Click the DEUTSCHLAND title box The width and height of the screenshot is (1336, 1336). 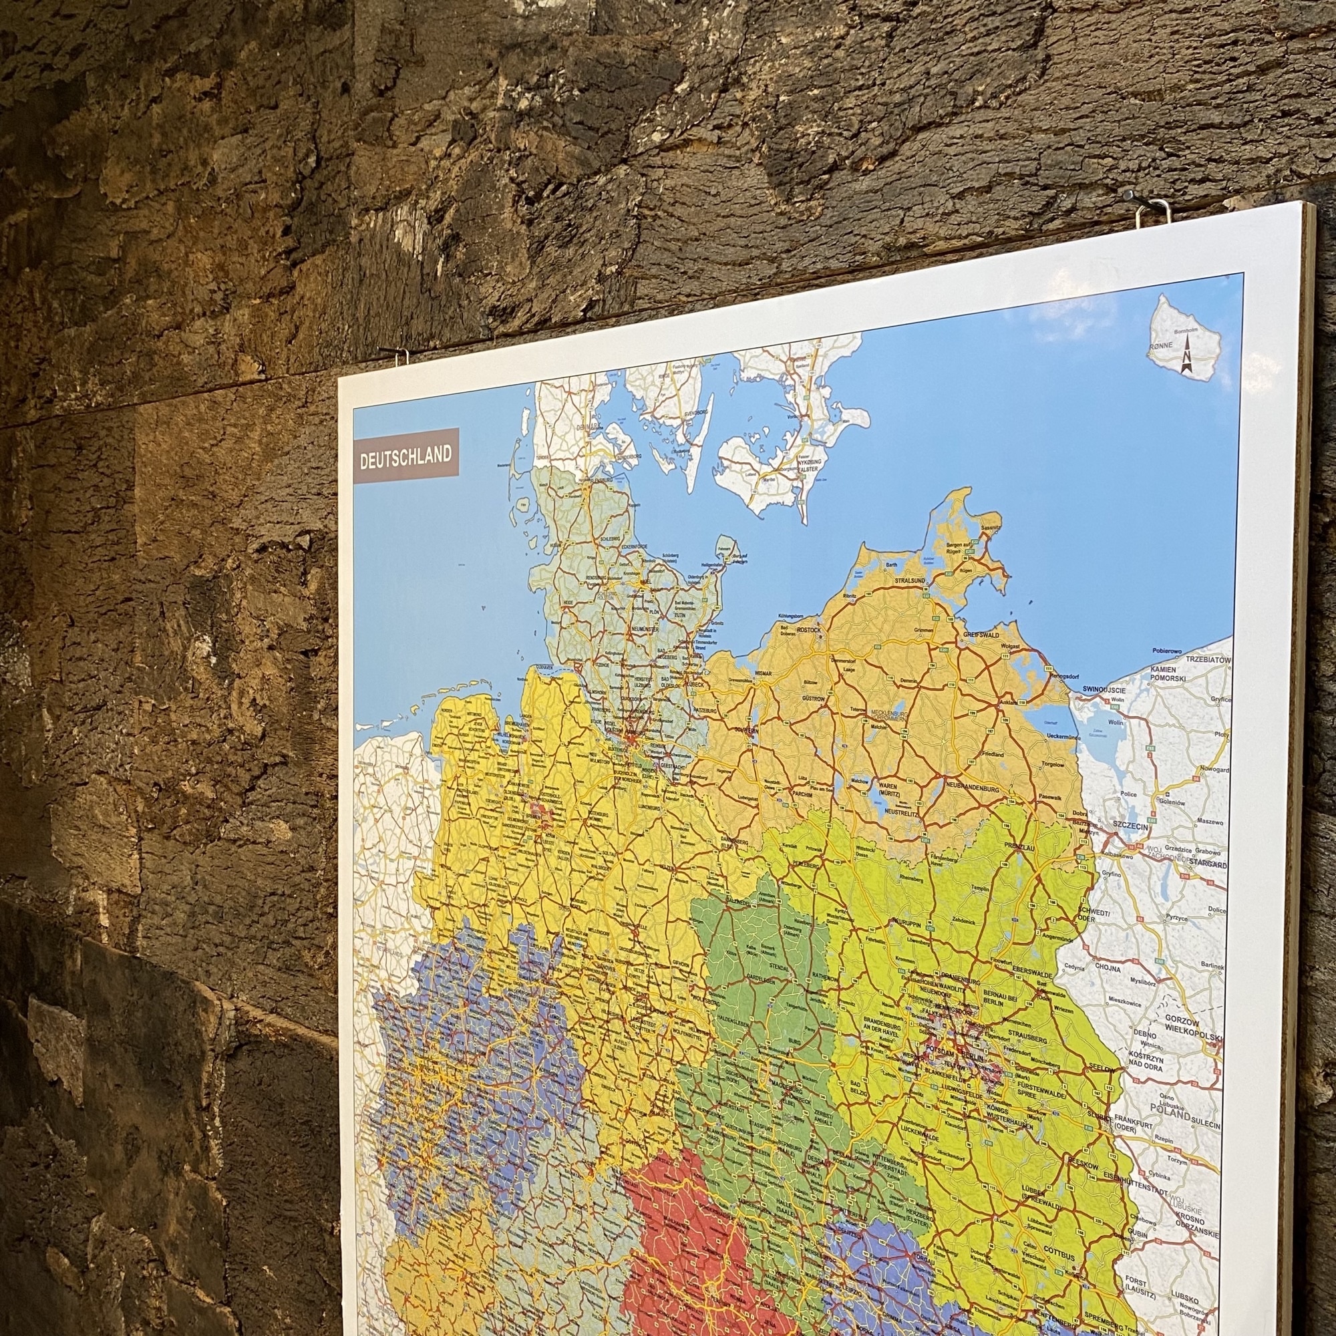(x=405, y=456)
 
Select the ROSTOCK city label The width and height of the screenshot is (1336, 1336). (x=808, y=630)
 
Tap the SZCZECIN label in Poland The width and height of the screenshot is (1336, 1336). (x=1130, y=826)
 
